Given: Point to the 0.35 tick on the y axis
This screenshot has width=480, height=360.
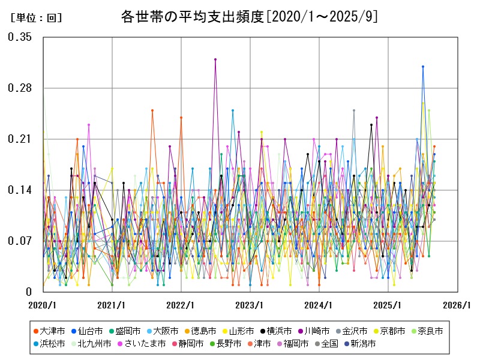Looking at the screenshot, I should pyautogui.click(x=19, y=37).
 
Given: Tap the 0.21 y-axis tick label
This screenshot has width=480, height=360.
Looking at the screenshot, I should pyautogui.click(x=19, y=139).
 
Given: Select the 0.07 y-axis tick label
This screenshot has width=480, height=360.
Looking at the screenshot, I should pyautogui.click(x=19, y=241).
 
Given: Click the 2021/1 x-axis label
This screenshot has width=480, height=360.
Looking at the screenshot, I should pyautogui.click(x=112, y=305).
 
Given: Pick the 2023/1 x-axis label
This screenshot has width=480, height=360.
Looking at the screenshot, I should pyautogui.click(x=250, y=305).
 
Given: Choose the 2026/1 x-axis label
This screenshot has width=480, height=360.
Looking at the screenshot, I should pyautogui.click(x=458, y=305).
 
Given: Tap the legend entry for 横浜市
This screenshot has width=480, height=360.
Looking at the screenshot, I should pyautogui.click(x=280, y=331).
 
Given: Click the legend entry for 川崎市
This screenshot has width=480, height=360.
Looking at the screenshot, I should pyautogui.click(x=318, y=331).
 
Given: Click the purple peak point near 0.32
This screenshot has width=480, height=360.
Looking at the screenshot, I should pyautogui.click(x=215, y=59).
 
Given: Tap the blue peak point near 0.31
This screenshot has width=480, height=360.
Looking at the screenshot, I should pyautogui.click(x=423, y=67).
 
